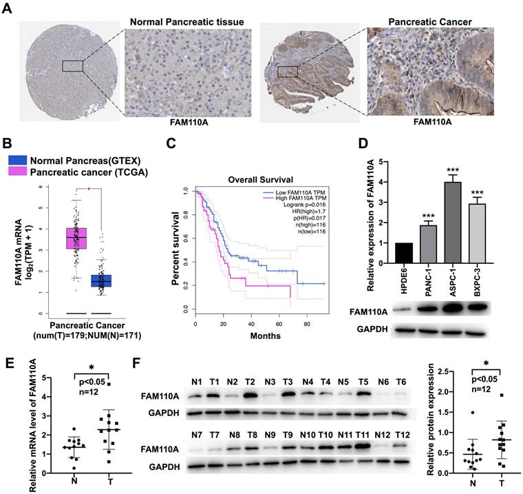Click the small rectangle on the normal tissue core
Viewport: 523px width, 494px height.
(72, 65)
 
